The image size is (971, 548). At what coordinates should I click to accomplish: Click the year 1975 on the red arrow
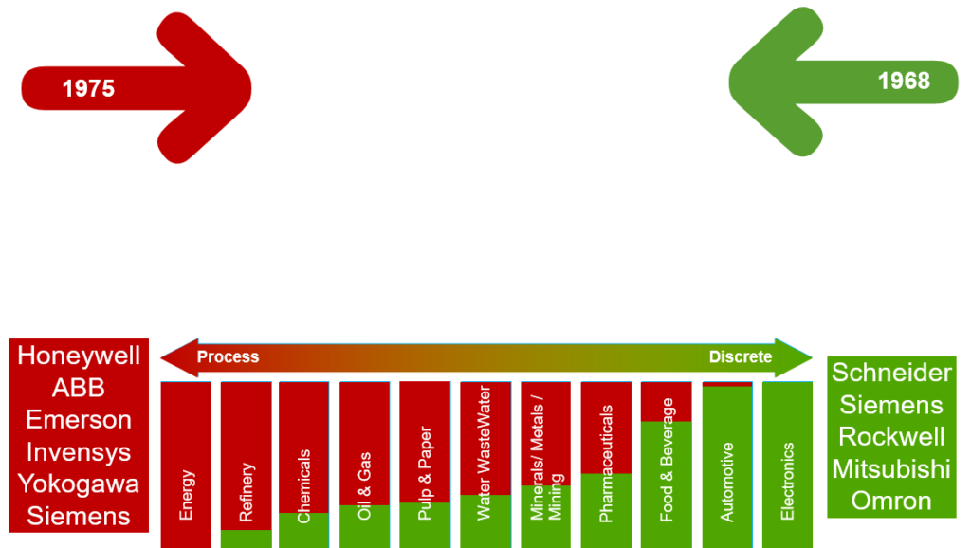tap(88, 88)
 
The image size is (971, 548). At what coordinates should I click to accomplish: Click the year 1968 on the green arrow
tap(904, 81)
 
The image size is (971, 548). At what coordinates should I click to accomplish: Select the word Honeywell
tap(79, 356)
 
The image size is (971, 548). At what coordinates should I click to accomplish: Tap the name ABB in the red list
tap(79, 388)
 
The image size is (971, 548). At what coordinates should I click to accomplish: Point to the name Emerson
tap(79, 420)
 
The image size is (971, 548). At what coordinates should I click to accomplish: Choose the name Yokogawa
tap(79, 484)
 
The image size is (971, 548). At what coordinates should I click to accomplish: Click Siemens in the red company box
tap(79, 517)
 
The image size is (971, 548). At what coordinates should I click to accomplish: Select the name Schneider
tap(891, 373)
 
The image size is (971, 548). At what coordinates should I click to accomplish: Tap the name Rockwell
tap(891, 437)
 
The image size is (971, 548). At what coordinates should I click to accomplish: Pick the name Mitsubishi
tap(891, 469)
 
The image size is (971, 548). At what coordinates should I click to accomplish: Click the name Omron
tap(891, 501)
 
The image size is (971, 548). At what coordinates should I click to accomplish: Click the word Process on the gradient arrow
tap(228, 357)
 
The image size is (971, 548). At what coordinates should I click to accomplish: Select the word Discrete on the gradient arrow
tap(741, 357)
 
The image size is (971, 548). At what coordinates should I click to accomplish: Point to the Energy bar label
tap(187, 494)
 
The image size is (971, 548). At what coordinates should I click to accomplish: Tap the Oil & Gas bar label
tap(365, 486)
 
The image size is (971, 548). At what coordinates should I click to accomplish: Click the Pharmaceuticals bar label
tap(607, 464)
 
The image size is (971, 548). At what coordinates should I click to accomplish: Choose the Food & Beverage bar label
tap(667, 460)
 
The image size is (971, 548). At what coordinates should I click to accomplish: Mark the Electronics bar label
tap(787, 481)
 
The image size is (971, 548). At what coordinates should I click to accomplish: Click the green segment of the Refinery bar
tap(246, 539)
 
